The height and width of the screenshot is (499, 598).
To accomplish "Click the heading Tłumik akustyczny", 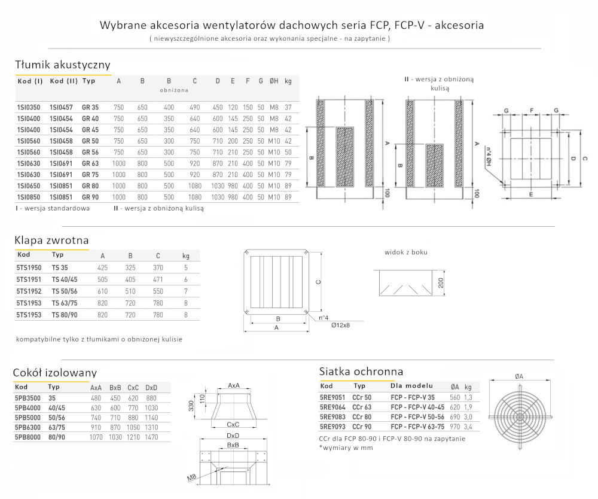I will (x=62, y=65).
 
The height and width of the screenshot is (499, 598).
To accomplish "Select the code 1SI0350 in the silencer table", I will (x=29, y=107).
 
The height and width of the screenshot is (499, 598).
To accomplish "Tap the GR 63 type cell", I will (x=90, y=163).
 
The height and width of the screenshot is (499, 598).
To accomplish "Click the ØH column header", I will (x=274, y=81).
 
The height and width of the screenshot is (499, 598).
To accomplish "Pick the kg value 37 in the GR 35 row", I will (x=288, y=107).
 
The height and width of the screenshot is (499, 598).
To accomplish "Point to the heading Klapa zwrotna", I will (x=51, y=240).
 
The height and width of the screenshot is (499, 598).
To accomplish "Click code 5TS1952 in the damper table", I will (x=29, y=291).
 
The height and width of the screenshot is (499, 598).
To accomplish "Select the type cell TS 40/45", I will (x=65, y=279).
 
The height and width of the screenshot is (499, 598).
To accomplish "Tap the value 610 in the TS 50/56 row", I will (x=102, y=291).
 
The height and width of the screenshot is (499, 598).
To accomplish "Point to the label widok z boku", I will (x=405, y=252).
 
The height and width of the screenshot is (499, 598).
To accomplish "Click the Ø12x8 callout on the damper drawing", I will (x=340, y=325).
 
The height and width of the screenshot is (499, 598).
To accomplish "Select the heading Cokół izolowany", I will (x=55, y=373).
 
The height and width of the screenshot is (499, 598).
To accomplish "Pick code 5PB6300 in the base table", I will (x=28, y=428).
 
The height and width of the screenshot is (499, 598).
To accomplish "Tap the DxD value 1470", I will (x=152, y=437).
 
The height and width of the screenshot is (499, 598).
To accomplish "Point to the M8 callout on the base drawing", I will (x=190, y=477).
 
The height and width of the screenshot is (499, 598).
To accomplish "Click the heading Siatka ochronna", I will (x=361, y=371).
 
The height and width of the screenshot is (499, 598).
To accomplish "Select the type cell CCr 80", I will (x=361, y=416).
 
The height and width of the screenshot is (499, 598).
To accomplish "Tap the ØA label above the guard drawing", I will (x=518, y=376).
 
